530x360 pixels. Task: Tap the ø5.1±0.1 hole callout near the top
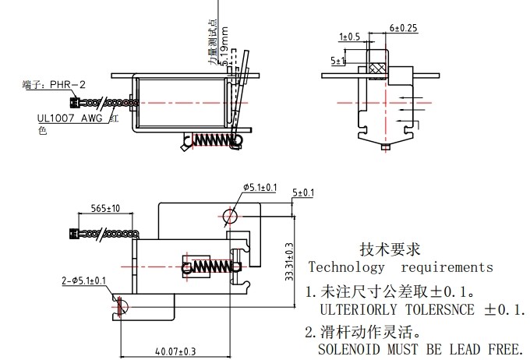(260, 187)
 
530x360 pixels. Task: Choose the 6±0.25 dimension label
(403, 28)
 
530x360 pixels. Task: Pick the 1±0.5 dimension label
(349, 37)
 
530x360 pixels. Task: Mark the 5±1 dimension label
(338, 60)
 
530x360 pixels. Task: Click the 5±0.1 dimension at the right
(302, 192)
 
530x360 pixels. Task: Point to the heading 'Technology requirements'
(401, 267)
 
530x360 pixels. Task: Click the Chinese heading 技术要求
(390, 249)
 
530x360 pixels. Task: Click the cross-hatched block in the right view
(378, 68)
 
